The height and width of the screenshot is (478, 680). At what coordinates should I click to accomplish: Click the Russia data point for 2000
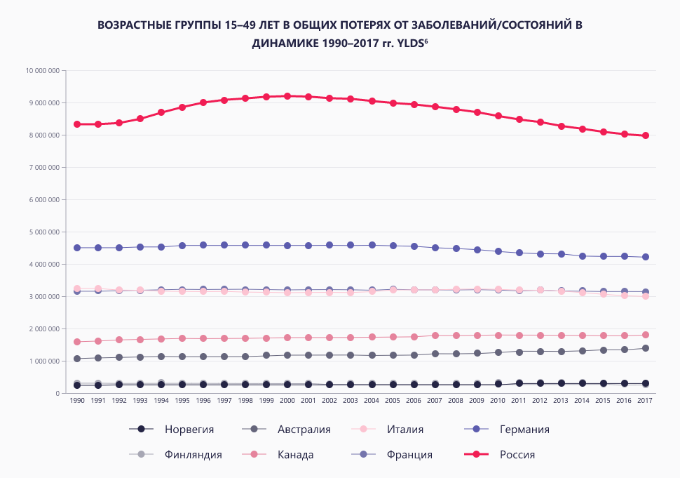pyautogui.click(x=287, y=96)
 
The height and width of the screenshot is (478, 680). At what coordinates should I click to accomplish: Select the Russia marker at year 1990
pyautogui.click(x=77, y=124)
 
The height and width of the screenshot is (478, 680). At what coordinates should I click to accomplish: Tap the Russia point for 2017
pyautogui.click(x=645, y=135)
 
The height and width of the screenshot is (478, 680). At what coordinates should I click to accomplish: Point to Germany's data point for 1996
pyautogui.click(x=203, y=245)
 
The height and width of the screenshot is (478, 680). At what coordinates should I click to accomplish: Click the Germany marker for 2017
pyautogui.click(x=645, y=257)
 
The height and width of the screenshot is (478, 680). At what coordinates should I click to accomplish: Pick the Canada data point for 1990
pyautogui.click(x=77, y=342)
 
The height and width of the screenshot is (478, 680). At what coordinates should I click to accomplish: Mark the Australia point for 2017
pyautogui.click(x=645, y=348)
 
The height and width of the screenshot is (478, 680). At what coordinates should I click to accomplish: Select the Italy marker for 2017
pyautogui.click(x=645, y=297)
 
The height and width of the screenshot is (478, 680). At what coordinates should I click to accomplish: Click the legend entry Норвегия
pyautogui.click(x=189, y=429)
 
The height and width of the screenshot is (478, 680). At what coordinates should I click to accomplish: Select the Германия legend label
pyautogui.click(x=524, y=429)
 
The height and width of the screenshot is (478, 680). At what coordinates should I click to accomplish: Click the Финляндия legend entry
pyautogui.click(x=193, y=454)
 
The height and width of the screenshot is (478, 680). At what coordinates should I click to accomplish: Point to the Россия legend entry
pyautogui.click(x=517, y=454)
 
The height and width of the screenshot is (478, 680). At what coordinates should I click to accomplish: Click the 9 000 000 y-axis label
pyautogui.click(x=43, y=103)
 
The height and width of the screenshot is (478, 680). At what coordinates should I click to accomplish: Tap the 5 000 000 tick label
pyautogui.click(x=43, y=232)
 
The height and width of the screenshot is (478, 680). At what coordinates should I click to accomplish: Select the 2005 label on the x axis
pyautogui.click(x=393, y=401)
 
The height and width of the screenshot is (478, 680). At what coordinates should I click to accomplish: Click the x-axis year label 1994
pyautogui.click(x=161, y=401)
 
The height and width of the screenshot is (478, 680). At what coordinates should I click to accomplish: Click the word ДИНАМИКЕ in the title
pyautogui.click(x=286, y=43)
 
